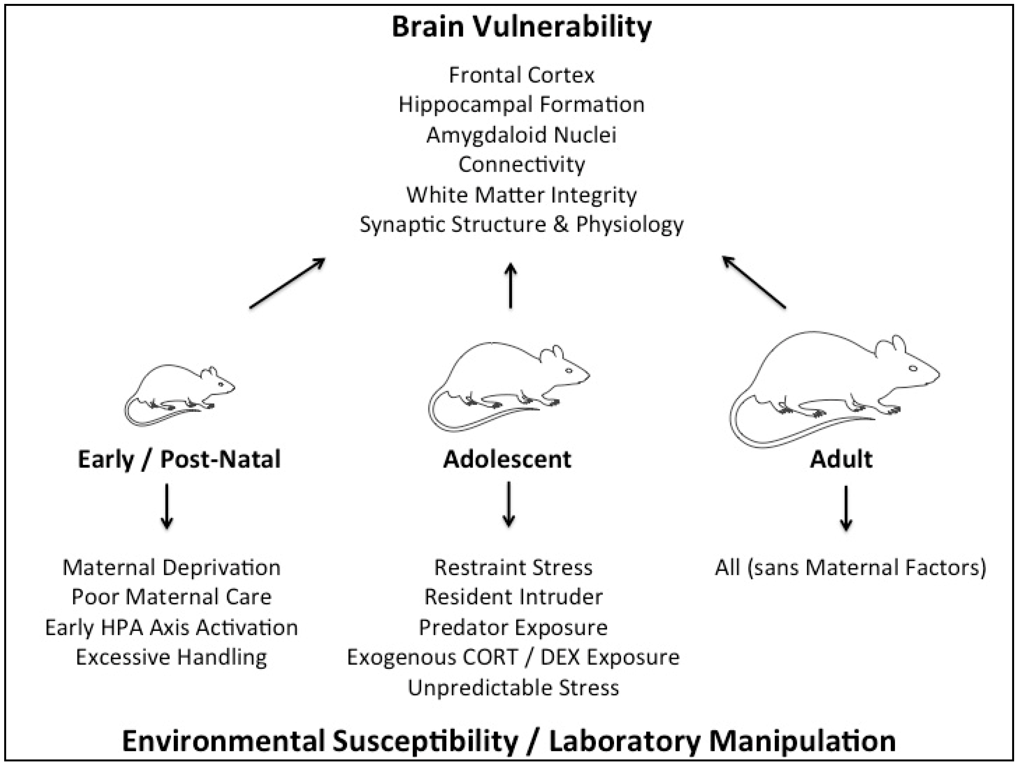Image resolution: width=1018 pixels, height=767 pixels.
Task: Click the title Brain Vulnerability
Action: (521, 27)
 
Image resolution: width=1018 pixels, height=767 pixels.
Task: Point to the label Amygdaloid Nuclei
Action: (521, 135)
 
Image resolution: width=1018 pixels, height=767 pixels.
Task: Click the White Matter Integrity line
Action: (521, 195)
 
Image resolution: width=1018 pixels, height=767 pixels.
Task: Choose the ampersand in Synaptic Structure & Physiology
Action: (561, 224)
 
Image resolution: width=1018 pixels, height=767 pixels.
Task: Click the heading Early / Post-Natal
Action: (179, 459)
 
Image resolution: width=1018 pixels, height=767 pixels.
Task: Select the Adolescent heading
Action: (507, 459)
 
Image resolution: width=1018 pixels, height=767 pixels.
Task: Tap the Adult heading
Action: (841, 459)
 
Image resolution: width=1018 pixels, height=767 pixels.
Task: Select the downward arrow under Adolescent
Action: (508, 504)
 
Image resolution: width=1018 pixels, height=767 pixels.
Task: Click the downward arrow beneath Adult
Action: (846, 507)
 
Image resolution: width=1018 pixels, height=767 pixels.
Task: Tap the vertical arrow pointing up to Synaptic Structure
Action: (510, 286)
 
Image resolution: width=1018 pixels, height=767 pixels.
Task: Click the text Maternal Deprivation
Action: (171, 567)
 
